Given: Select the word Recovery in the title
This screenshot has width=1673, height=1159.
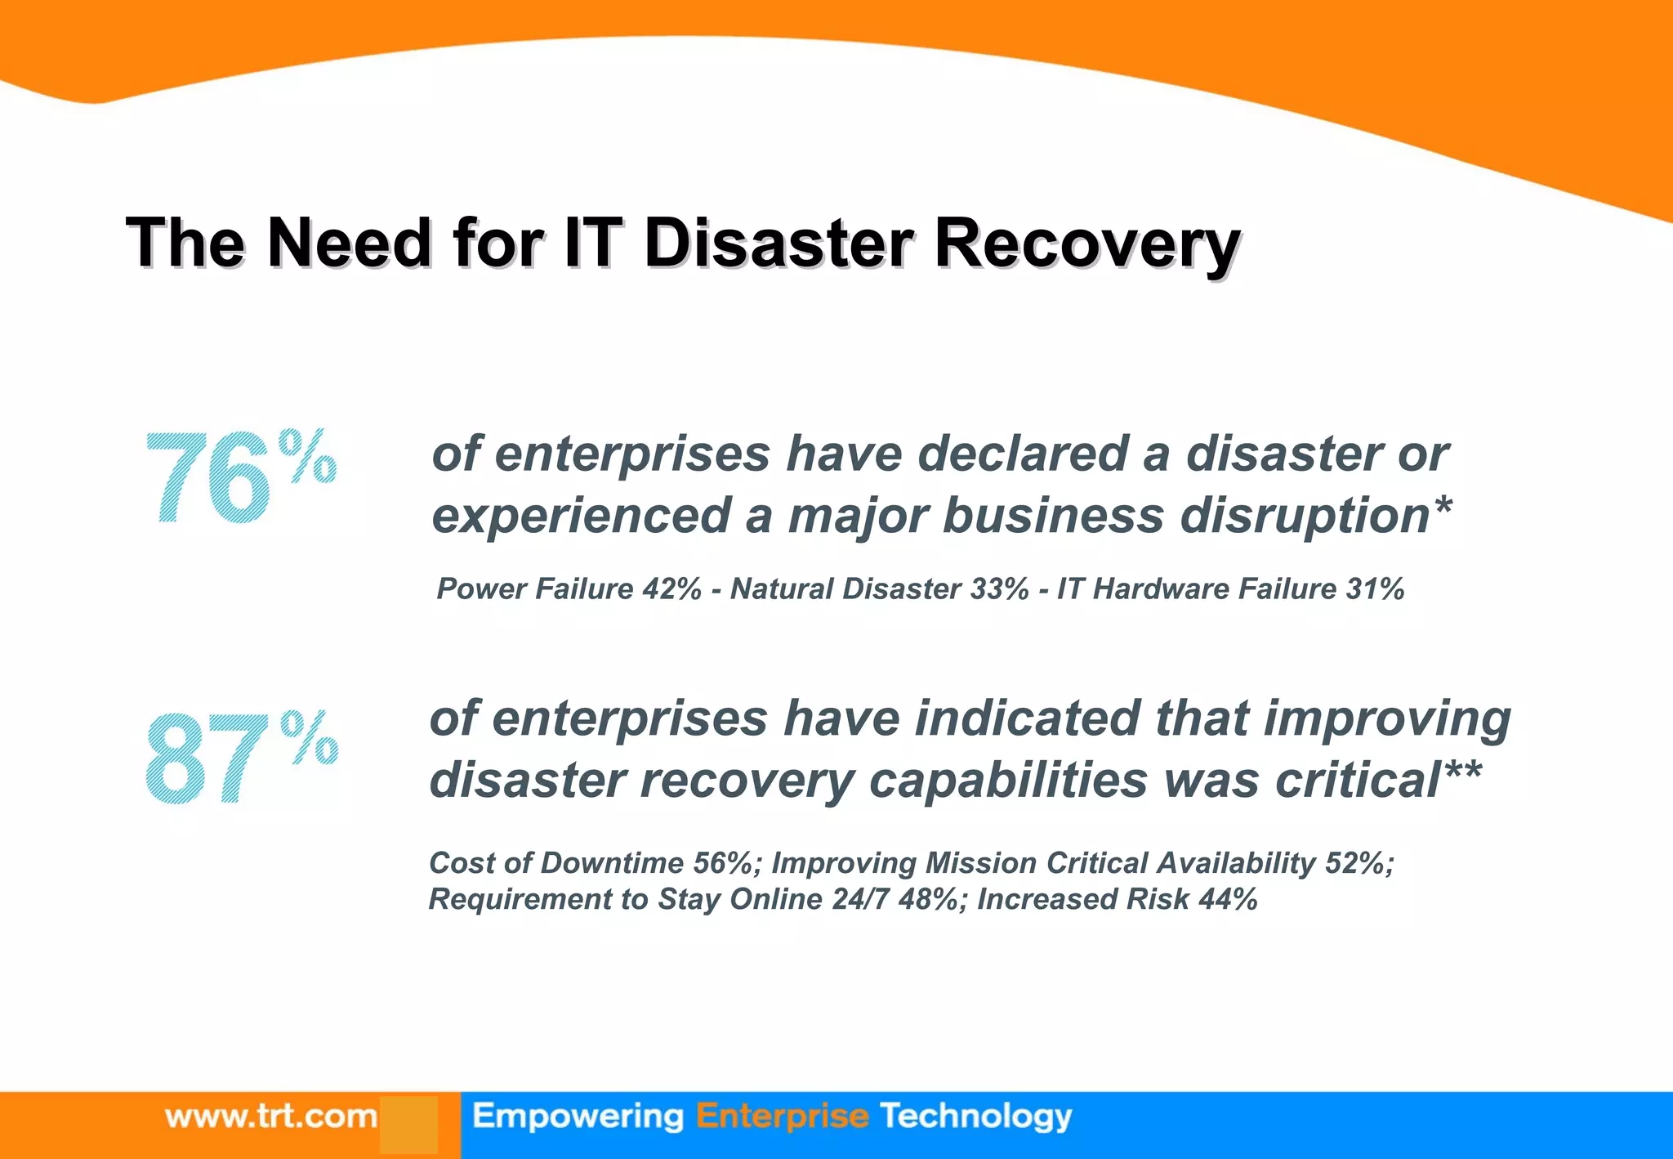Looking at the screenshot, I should coord(1087,244).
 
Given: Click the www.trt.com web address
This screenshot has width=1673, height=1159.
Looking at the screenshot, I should coord(270,1116).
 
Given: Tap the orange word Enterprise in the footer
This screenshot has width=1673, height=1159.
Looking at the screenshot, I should coord(782,1116).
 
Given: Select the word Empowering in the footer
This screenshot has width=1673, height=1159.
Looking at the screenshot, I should coord(578,1116).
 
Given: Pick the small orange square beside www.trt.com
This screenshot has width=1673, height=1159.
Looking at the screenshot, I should coord(408,1125).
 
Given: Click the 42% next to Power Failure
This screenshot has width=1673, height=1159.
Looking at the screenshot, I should coord(671,588).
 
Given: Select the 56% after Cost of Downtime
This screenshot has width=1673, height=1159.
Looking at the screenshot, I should coord(722,863).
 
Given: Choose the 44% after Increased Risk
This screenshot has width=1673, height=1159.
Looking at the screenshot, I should coord(1228,899).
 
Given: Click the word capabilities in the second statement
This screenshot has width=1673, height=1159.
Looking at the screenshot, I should coord(1008,780).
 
